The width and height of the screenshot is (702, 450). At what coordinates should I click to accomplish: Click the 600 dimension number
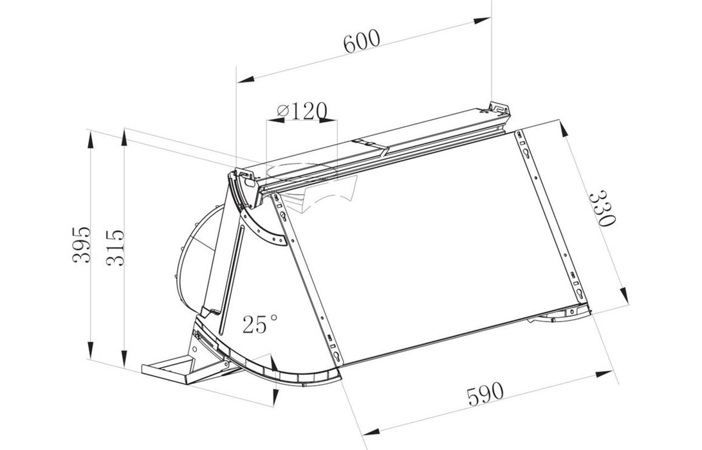click(362, 42)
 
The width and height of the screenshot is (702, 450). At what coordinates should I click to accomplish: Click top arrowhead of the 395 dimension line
click(91, 136)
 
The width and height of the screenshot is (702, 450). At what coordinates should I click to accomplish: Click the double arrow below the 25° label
click(271, 373)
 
